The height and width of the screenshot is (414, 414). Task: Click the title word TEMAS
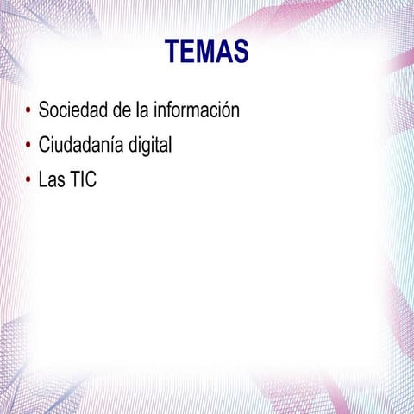[206, 52]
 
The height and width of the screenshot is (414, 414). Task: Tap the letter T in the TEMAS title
[171, 52]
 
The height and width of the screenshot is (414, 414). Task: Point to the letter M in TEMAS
[206, 52]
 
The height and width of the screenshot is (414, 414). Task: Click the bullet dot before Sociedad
[28, 110]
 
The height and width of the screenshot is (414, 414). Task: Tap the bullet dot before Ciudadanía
[28, 145]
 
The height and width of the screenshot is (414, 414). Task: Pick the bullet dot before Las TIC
[28, 180]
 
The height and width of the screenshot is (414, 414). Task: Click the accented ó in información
[223, 110]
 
